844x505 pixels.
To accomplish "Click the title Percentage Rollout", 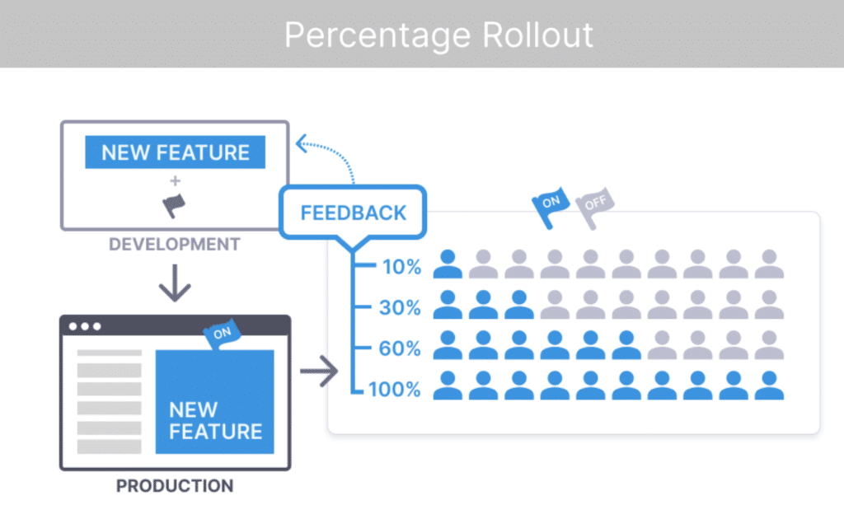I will (x=438, y=35).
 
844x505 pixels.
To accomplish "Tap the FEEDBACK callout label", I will (x=354, y=213).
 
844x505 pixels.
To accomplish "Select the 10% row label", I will (x=401, y=266).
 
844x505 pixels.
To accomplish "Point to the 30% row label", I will (x=401, y=307).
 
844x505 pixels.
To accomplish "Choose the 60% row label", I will (x=401, y=348).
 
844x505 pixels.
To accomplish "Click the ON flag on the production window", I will (x=222, y=334).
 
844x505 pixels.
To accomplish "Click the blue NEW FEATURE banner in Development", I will (x=175, y=152).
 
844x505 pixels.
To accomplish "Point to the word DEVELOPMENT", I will (x=175, y=245).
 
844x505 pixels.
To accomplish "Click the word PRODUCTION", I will (x=175, y=485).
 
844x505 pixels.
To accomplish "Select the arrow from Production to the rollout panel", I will (x=319, y=373).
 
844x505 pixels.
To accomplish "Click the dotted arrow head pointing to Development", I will (x=302, y=144).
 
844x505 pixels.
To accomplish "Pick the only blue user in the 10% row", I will (x=448, y=264).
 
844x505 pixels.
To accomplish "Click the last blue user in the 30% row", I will (x=519, y=305).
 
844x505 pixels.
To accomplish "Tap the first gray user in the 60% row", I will (x=661, y=345).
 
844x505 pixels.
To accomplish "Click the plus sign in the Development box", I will (x=175, y=180).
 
